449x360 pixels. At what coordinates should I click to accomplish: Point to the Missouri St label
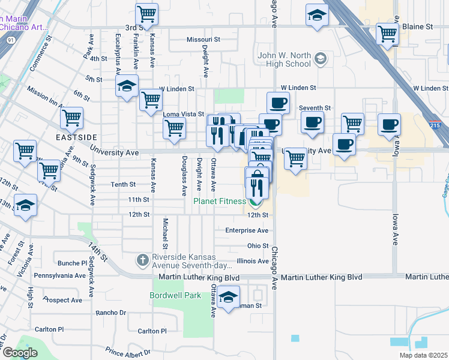point(203,39)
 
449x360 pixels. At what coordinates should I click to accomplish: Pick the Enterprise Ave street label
point(246,230)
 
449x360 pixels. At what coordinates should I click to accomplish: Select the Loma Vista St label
point(184,113)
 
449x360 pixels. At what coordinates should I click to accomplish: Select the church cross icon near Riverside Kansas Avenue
point(142,260)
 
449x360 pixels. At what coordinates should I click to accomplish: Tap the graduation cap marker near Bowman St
point(228,297)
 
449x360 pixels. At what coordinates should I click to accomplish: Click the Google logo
point(20,353)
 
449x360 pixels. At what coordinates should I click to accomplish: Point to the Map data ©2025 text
point(423,355)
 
